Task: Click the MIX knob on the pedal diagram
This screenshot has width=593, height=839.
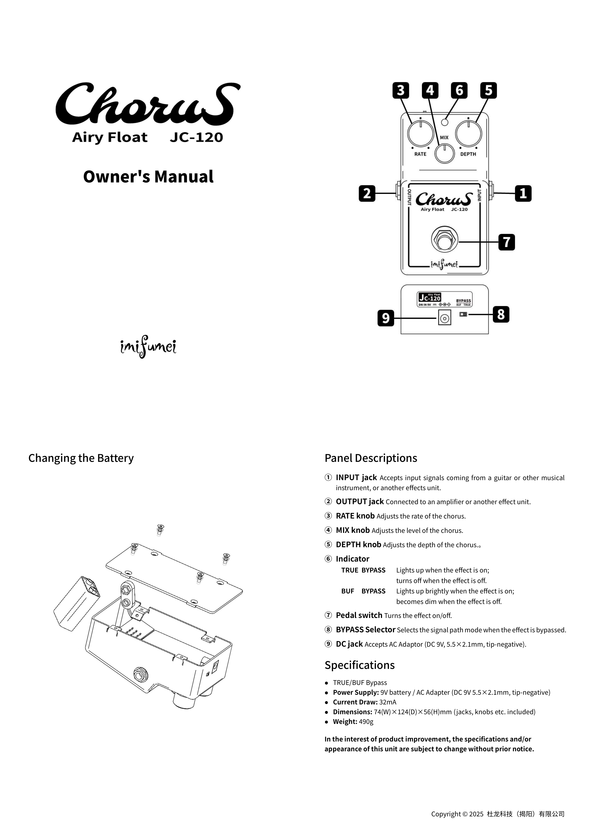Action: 444,154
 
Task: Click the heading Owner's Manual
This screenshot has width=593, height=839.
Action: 148,177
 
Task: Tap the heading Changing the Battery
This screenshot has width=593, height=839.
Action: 81,458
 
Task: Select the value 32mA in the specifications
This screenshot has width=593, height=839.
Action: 388,702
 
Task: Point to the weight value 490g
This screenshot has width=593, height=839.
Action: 366,721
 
